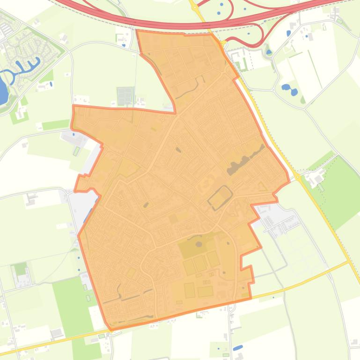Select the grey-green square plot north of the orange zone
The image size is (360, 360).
125,96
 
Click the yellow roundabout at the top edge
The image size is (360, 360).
195,7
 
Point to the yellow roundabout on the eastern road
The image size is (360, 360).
297,177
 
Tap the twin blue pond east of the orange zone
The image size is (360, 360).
289,88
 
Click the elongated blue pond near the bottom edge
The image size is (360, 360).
238,347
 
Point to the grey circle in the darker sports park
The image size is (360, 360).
198,244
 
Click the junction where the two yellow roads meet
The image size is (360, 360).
349,262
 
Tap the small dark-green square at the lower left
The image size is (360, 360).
20,269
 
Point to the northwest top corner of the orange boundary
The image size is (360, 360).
136,31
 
